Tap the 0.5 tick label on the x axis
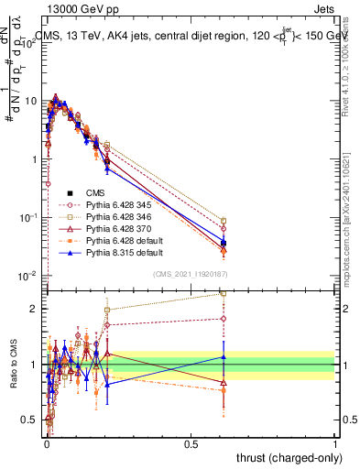coord(191,444)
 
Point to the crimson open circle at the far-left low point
coord(47,183)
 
